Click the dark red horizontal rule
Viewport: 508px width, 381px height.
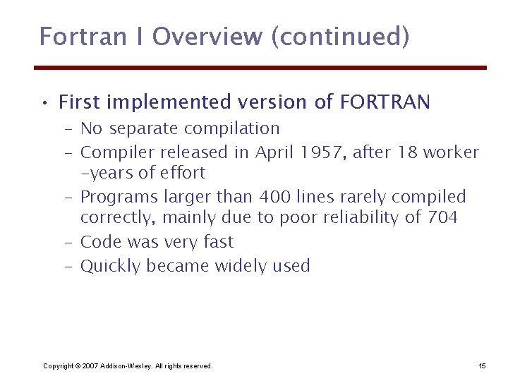pos(260,68)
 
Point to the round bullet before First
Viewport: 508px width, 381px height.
pos(44,104)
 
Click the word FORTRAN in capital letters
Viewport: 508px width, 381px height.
pos(385,102)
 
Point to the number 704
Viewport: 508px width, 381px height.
pos(442,217)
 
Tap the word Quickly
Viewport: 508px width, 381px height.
pos(110,266)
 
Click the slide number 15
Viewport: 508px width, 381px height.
pos(482,365)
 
